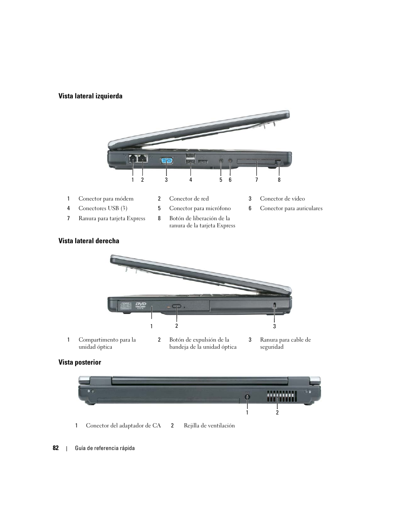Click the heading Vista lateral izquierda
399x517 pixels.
coord(90,96)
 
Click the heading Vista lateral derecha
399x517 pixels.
coord(89,241)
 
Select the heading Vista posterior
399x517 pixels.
coord(79,363)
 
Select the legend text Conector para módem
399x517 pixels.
coord(106,199)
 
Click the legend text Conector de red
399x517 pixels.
coord(189,199)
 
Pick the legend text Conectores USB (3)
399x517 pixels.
coord(103,208)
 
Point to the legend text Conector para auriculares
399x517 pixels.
coord(291,208)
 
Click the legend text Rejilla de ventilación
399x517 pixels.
coord(209,426)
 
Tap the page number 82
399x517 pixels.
coord(56,448)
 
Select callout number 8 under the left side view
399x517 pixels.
coord(279,180)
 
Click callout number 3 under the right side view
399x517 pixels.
coord(274,327)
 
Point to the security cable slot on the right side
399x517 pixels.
coord(274,306)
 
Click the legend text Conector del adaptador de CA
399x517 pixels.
coord(123,426)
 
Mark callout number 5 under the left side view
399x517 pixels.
coord(221,180)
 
